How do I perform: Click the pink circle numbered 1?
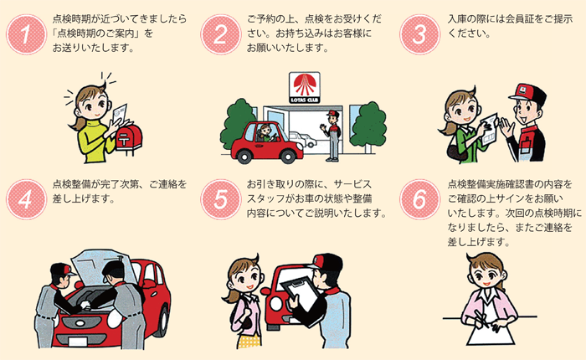[26, 33]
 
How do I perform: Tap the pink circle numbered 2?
[221, 33]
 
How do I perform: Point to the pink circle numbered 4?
[26, 198]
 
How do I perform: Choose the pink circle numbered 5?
[221, 198]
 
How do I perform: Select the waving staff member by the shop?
[332, 134]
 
